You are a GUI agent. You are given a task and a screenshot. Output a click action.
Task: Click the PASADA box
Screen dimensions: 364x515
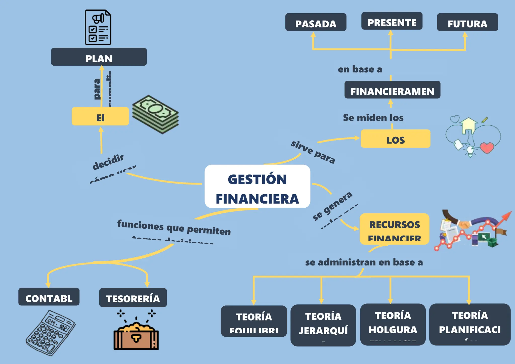pos(316,22)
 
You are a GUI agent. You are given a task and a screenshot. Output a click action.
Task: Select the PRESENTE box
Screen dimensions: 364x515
pos(392,21)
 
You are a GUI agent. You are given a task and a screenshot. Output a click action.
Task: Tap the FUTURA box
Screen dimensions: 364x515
pos(467,22)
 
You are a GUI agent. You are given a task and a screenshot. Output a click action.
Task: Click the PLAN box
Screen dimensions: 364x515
pos(99,57)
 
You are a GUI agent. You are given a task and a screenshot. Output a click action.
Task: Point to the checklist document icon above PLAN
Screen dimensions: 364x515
pos(98,27)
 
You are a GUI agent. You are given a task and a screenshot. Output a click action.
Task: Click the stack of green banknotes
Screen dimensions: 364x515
pos(155,114)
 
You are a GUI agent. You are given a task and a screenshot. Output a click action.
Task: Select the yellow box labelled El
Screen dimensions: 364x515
pos(100,116)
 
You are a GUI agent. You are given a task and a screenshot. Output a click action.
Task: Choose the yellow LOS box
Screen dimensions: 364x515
pos(395,139)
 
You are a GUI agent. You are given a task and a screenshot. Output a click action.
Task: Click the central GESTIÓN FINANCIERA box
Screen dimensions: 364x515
pos(257,187)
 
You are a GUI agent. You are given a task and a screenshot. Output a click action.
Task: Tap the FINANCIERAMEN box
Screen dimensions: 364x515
pos(392,90)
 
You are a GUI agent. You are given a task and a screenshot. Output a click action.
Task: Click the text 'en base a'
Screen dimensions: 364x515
pos(360,69)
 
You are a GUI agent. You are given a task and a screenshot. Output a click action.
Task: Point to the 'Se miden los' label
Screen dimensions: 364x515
pos(373,118)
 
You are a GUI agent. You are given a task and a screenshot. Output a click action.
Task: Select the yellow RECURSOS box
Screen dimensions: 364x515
pos(394,229)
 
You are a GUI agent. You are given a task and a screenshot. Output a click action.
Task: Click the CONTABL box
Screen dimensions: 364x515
pos(49,297)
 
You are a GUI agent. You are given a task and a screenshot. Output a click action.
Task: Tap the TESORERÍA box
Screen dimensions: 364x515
pos(133,298)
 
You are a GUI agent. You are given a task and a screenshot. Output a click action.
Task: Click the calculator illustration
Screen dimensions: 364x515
pos(51,333)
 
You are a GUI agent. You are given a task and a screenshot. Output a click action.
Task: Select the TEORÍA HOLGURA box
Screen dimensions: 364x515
pos(393,325)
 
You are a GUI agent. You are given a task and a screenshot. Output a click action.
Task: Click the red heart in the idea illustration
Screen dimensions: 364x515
pos(487,148)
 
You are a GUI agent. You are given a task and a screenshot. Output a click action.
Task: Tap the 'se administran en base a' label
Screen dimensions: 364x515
pos(364,262)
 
